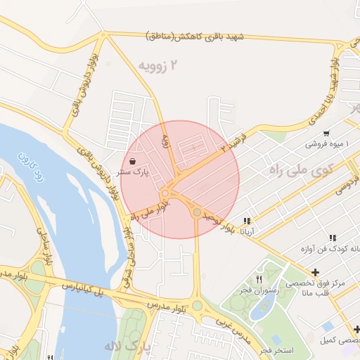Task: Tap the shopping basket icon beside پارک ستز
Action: point(133,161)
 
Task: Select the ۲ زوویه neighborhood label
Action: point(155,66)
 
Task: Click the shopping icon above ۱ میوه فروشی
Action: point(326,133)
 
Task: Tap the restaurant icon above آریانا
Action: point(247,221)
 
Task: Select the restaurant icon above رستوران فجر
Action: point(259,279)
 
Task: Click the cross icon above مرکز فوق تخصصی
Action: point(315,272)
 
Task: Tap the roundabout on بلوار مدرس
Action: point(198,306)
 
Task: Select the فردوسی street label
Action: point(347,184)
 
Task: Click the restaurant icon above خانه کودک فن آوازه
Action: point(332,238)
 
